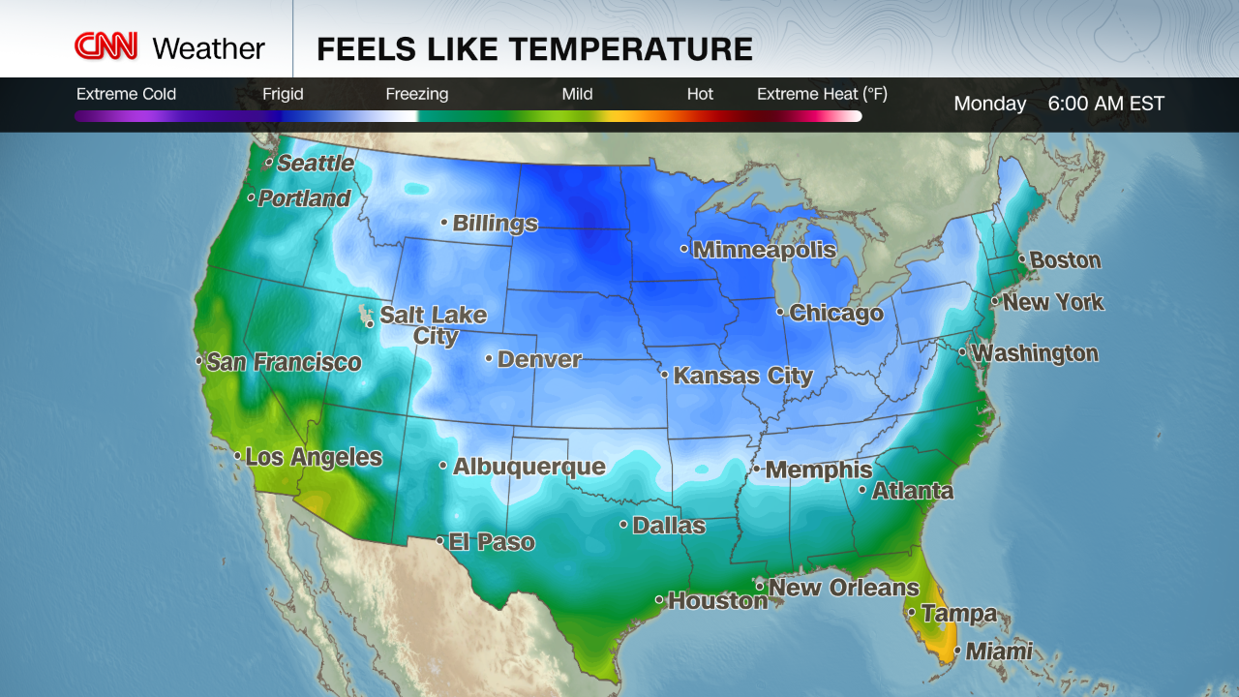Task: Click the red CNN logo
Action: (x=106, y=46)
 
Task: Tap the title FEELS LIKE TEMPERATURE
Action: (x=534, y=48)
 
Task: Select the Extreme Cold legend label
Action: (x=126, y=94)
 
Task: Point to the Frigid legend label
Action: (x=283, y=94)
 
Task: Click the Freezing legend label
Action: (x=416, y=94)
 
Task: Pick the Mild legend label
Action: (x=577, y=94)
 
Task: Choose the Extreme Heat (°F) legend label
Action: (x=822, y=94)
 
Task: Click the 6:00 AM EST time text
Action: (x=1105, y=104)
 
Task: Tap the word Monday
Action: (x=989, y=104)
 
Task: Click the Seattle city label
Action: (x=315, y=164)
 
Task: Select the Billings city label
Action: (x=495, y=224)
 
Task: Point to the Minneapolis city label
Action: (x=764, y=250)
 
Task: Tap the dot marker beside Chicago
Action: (x=780, y=312)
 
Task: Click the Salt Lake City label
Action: (x=433, y=325)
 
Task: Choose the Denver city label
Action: (x=539, y=360)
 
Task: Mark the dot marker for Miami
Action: (x=957, y=652)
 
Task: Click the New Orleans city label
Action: (x=843, y=588)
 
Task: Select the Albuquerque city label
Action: (x=529, y=467)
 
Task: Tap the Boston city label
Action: (x=1065, y=260)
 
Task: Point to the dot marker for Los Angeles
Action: (x=237, y=456)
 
